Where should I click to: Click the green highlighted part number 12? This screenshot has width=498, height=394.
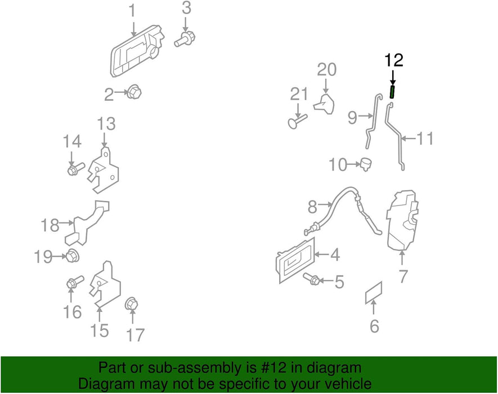(x=392, y=91)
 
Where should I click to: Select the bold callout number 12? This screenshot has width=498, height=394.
(x=393, y=60)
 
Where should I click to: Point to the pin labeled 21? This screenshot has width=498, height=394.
(x=297, y=120)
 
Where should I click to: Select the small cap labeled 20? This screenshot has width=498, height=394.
(x=325, y=104)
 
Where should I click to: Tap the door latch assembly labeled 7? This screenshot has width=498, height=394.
(x=403, y=219)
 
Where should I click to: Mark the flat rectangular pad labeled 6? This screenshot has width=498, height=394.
(x=374, y=292)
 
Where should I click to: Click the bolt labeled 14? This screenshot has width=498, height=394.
(x=74, y=169)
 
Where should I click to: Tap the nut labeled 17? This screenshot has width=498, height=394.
(x=131, y=305)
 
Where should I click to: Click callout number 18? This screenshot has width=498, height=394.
(x=50, y=225)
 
